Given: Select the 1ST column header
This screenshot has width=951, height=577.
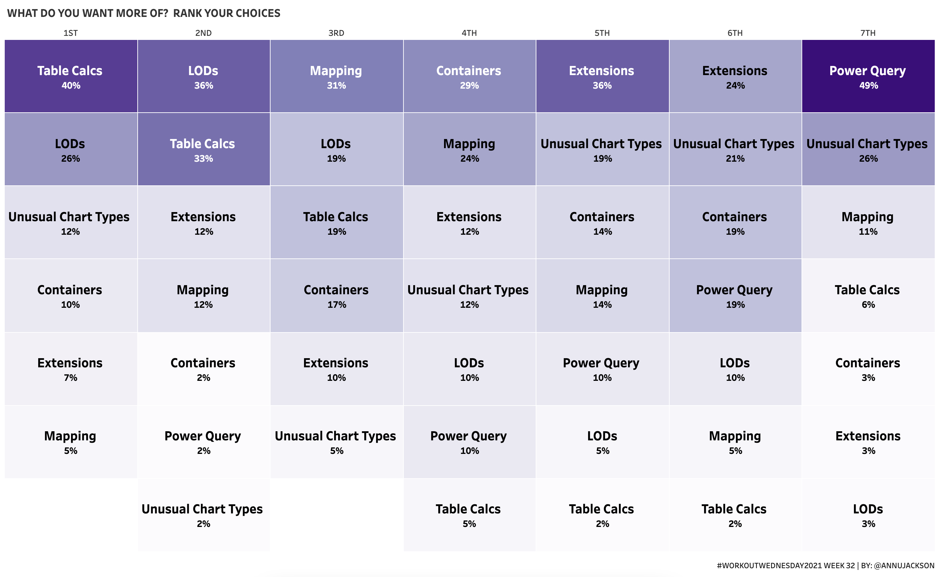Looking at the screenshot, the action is (x=71, y=33).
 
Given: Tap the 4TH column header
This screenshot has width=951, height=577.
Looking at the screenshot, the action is (x=469, y=33).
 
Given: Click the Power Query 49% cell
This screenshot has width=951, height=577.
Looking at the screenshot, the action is (x=868, y=76).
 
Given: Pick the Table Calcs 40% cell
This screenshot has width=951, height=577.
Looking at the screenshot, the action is (x=71, y=76).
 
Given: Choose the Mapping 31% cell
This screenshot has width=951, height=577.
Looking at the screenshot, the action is (x=337, y=76).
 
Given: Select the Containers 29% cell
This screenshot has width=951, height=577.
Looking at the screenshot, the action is (x=470, y=76).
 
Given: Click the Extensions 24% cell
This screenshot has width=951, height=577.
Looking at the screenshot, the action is (x=735, y=76).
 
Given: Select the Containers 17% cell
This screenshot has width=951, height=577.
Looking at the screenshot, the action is (x=337, y=296).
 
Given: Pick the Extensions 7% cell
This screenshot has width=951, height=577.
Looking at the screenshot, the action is (x=71, y=369).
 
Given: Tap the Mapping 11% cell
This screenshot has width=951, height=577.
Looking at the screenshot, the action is (x=868, y=222).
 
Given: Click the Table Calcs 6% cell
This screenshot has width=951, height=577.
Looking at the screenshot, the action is (x=868, y=296).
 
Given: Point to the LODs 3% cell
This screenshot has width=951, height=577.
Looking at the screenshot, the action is (x=868, y=515).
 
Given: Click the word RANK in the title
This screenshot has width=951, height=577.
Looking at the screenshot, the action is (x=187, y=14).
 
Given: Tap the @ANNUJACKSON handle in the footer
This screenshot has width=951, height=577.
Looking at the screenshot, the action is (x=904, y=566).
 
